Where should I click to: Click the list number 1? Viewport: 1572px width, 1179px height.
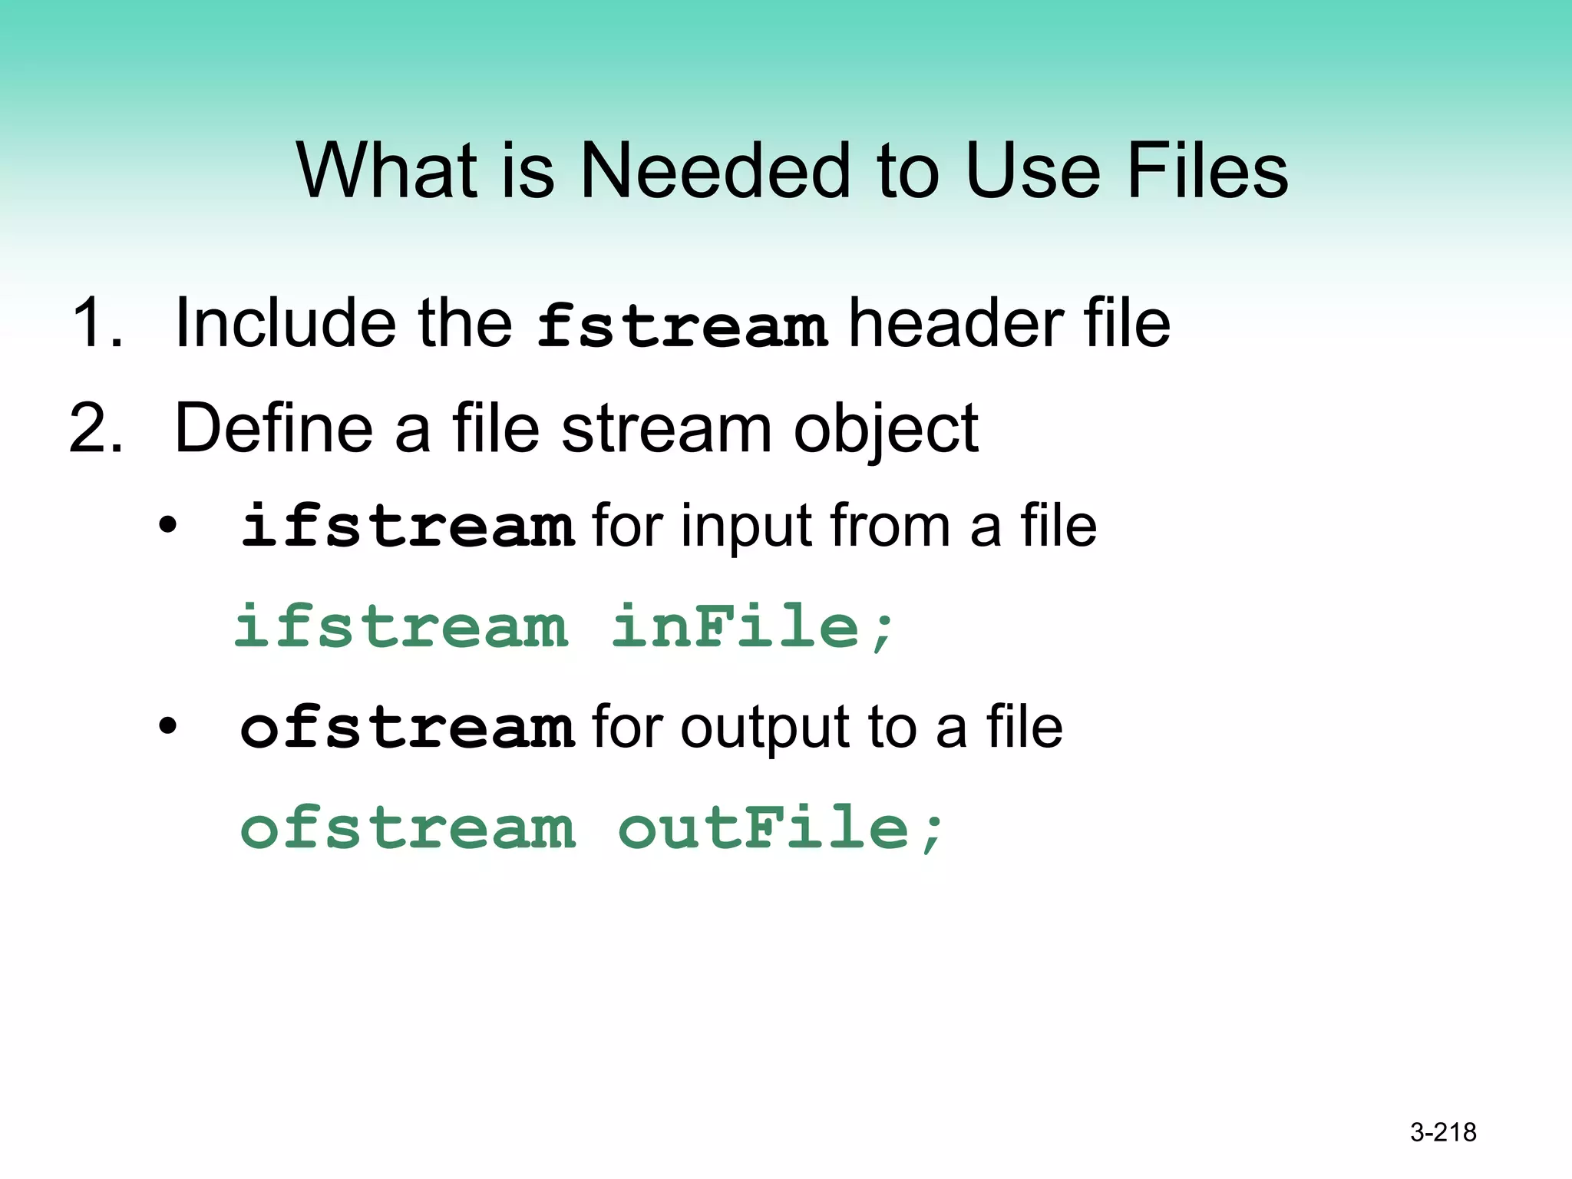(95, 323)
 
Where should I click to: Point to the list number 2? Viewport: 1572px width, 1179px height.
(95, 428)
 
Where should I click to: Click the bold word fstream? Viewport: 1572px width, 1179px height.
(681, 325)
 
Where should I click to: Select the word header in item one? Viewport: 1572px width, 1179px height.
(956, 323)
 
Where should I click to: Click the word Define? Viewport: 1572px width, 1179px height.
(273, 428)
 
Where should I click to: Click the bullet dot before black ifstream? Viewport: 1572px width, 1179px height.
(167, 527)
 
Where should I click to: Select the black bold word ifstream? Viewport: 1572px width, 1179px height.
(408, 527)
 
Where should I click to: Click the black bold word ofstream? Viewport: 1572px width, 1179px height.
(408, 728)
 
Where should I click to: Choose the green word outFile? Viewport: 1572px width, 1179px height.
(781, 829)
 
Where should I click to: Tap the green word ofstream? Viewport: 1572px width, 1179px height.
(408, 829)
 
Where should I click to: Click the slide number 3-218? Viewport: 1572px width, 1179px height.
(1443, 1132)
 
